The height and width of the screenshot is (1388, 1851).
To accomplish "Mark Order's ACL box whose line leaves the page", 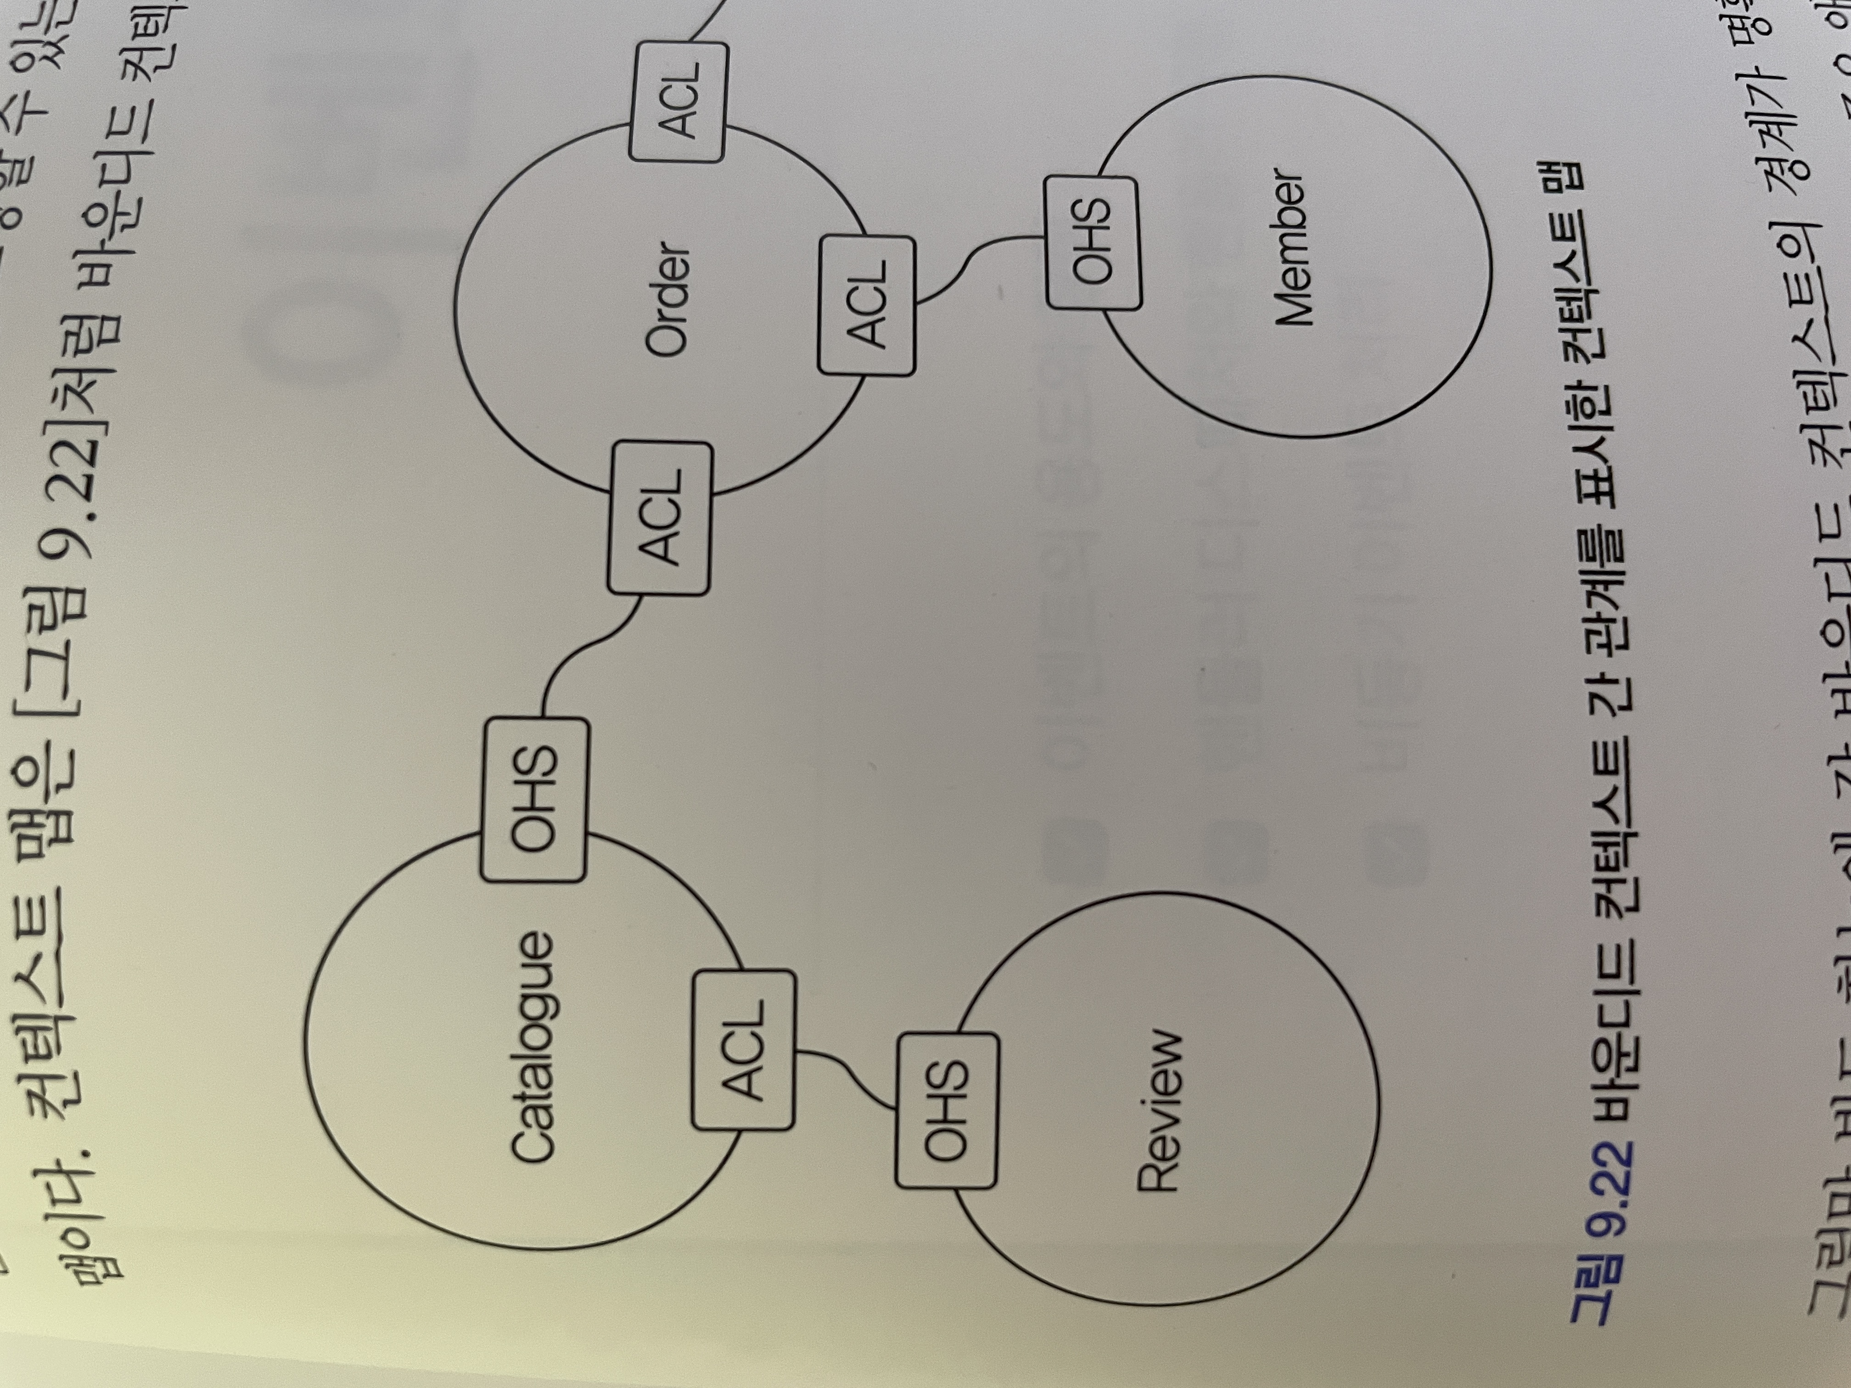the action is point(678,101).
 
